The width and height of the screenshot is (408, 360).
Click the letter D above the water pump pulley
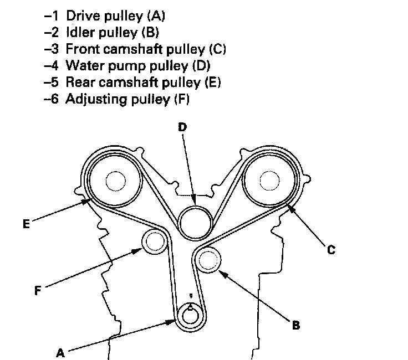(182, 127)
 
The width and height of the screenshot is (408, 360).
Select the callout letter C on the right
(331, 250)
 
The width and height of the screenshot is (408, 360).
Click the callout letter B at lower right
(296, 325)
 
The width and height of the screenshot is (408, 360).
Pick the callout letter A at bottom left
(60, 352)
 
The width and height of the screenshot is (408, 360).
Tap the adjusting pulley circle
(154, 242)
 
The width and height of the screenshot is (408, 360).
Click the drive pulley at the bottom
(190, 316)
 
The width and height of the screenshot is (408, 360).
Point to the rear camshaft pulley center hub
(115, 181)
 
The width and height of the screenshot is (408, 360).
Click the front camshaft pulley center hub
(271, 181)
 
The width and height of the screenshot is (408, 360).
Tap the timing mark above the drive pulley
(190, 296)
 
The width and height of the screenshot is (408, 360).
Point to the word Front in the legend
(80, 49)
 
